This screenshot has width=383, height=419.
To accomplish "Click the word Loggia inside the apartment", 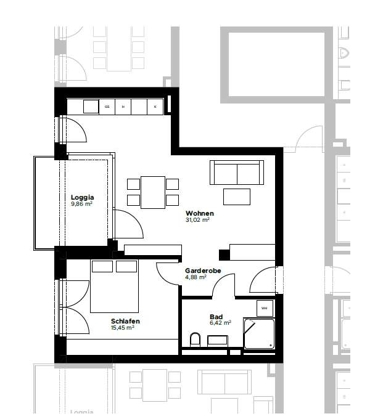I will [x=82, y=197].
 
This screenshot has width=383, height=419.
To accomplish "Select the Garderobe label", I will [x=203, y=271].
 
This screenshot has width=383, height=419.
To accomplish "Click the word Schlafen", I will [x=125, y=321].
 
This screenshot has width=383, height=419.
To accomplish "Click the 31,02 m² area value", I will [x=198, y=220].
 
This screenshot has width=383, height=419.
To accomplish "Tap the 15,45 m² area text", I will [x=123, y=328].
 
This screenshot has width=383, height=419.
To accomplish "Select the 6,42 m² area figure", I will [x=220, y=322].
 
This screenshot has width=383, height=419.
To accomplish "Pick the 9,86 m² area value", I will [x=82, y=204].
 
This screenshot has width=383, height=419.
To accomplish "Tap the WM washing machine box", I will [x=264, y=307].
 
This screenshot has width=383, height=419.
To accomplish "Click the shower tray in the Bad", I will [x=258, y=333].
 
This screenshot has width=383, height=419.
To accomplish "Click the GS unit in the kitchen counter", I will [x=107, y=107].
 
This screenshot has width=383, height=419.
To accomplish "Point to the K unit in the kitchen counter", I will [x=155, y=107].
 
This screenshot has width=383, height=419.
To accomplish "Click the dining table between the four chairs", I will [x=152, y=192].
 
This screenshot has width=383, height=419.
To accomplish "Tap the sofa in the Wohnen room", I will [x=237, y=173].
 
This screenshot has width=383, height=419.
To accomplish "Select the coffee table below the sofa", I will [x=237, y=197].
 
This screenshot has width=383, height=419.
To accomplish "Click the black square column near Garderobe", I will [x=224, y=254].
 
